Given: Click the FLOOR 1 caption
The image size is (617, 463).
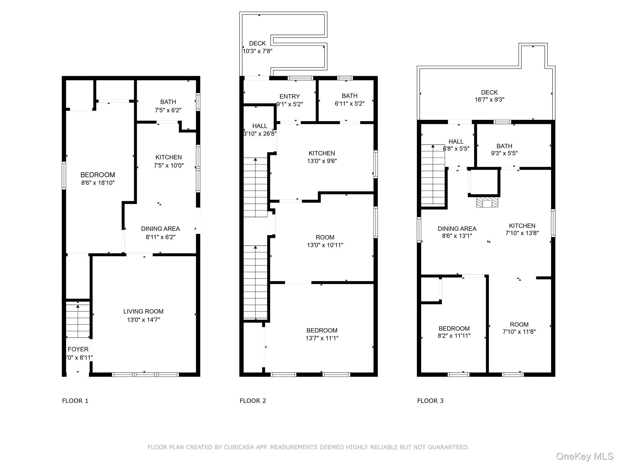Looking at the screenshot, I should [x=75, y=401].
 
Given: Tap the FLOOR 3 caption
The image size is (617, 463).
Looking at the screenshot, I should [x=430, y=401].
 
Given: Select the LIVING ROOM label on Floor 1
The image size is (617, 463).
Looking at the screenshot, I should [x=143, y=311].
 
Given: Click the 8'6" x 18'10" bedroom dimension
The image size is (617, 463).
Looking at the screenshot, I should [x=98, y=183].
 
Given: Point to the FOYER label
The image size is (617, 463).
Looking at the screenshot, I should [x=78, y=349].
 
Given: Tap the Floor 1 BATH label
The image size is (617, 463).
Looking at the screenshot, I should [x=168, y=102].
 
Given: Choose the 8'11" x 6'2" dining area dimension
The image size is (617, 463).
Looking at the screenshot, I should [x=160, y=237].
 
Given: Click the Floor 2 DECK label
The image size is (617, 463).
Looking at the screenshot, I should [x=257, y=43].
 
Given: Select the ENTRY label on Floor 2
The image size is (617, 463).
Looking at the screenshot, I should [x=290, y=96].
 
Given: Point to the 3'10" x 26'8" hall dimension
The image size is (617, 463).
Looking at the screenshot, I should [x=260, y=134].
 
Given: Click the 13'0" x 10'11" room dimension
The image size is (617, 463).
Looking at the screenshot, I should [x=325, y=245].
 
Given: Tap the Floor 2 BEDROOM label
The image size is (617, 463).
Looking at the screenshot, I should [x=322, y=330].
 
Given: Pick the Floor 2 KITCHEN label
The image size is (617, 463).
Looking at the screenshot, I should [x=322, y=153].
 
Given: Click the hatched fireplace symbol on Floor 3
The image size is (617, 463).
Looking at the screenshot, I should [x=487, y=202].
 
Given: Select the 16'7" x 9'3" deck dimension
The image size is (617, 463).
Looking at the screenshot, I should [x=489, y=99].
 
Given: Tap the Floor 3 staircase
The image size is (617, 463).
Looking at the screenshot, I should [x=433, y=175].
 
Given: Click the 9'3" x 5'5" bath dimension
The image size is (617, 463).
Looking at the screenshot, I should [x=504, y=153].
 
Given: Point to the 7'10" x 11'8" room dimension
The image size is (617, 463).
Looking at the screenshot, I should [x=519, y=332].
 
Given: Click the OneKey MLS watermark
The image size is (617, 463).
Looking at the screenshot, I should [x=584, y=456].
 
